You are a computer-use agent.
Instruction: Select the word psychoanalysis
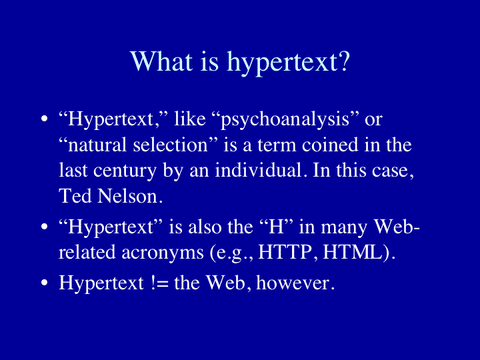coord(285,120)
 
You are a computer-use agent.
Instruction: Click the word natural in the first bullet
coord(97,145)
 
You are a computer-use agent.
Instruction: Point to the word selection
coord(171,145)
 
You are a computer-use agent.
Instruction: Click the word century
coord(125,171)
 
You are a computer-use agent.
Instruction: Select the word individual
coord(259,170)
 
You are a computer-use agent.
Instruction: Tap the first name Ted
coord(75,196)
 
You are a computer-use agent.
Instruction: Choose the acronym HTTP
coord(285,253)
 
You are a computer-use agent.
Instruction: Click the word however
coord(293,283)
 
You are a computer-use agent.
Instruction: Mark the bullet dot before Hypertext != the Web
coord(45,283)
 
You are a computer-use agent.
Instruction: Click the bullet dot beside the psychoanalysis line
coord(45,119)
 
